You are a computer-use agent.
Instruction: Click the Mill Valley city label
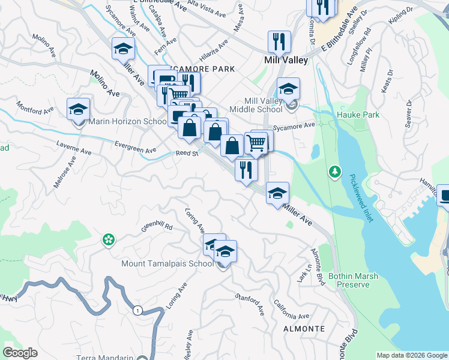(x=286, y=60)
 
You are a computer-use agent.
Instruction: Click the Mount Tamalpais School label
(x=167, y=263)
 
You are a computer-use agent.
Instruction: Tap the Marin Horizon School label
(x=127, y=122)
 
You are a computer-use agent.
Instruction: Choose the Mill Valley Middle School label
(x=256, y=105)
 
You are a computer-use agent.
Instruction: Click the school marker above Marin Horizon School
(x=78, y=109)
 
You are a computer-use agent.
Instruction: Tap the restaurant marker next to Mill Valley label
(x=279, y=42)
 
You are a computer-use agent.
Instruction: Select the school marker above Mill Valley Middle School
(x=288, y=89)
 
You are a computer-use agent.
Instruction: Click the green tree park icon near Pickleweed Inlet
(x=334, y=172)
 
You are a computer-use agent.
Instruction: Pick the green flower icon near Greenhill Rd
(x=108, y=240)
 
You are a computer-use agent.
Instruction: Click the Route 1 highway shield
(x=138, y=310)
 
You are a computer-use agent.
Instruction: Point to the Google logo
(x=20, y=353)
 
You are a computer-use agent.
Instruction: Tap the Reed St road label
(x=187, y=154)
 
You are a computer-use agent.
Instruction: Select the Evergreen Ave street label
(x=135, y=146)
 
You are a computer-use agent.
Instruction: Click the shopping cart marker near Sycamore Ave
(x=256, y=143)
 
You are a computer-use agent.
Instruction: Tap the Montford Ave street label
(x=35, y=111)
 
